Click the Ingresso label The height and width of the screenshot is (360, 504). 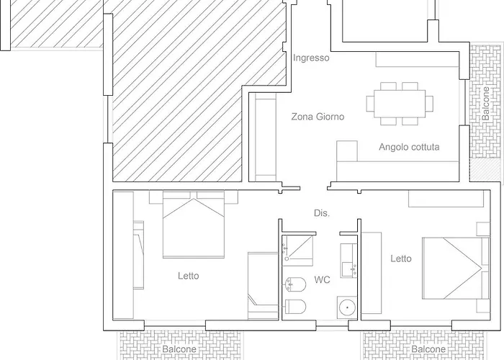pyautogui.click(x=311, y=58)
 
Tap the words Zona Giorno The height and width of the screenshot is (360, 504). pyautogui.click(x=318, y=117)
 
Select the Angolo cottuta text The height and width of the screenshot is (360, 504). pyautogui.click(x=409, y=147)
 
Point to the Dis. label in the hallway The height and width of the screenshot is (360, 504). pyautogui.click(x=322, y=213)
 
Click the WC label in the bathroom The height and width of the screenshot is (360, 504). pyautogui.click(x=322, y=279)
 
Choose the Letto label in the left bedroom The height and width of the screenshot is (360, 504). pyautogui.click(x=189, y=276)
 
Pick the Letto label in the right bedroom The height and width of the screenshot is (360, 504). pyautogui.click(x=401, y=258)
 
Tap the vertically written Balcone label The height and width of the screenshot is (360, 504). pyautogui.click(x=486, y=104)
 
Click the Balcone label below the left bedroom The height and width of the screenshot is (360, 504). pyautogui.click(x=179, y=349)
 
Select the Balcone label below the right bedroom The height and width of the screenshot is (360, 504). pyautogui.click(x=428, y=349)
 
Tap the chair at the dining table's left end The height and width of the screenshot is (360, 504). pyautogui.click(x=370, y=104)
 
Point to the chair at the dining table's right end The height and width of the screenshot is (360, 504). pyautogui.click(x=429, y=104)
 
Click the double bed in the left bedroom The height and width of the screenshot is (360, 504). pyautogui.click(x=194, y=225)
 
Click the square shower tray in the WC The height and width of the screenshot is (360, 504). pyautogui.click(x=297, y=251)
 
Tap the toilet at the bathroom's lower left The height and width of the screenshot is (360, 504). pyautogui.click(x=295, y=307)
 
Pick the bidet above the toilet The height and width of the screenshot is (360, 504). pyautogui.click(x=295, y=284)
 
